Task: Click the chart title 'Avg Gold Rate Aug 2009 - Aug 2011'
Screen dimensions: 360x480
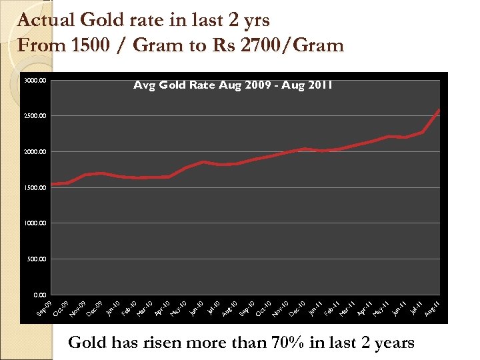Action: click(233, 85)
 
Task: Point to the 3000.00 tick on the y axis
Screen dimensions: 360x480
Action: click(34, 81)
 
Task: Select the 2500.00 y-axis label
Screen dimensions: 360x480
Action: click(34, 117)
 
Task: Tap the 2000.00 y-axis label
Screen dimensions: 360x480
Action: click(34, 152)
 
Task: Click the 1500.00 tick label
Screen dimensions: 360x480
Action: click(34, 188)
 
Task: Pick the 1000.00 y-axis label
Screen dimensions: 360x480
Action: click(34, 223)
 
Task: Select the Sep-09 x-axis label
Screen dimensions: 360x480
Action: click(43, 309)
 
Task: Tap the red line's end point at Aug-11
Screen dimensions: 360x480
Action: click(439, 110)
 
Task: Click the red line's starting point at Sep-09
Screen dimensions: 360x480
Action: click(52, 185)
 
